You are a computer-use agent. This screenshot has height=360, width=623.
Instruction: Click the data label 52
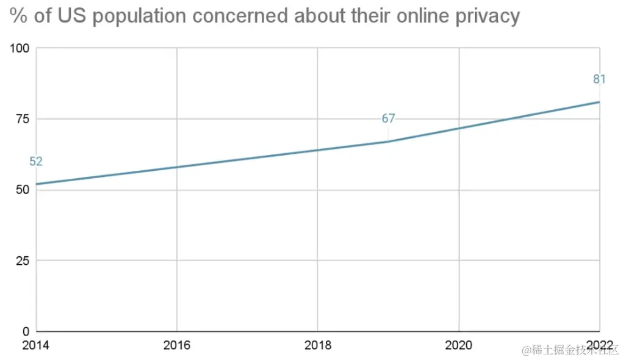(x=36, y=162)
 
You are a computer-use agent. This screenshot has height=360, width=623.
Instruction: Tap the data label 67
(x=389, y=118)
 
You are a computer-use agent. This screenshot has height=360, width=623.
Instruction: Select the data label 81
(x=599, y=79)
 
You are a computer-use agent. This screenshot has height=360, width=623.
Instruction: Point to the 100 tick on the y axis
(x=20, y=48)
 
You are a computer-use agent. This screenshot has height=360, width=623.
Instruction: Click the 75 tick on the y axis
(x=23, y=119)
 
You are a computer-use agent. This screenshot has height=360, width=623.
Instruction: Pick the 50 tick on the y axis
(x=23, y=190)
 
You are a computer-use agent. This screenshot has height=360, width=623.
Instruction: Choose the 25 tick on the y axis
(x=23, y=261)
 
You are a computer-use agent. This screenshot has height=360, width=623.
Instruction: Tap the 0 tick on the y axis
(x=26, y=331)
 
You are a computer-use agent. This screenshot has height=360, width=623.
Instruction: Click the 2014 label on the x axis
(x=36, y=345)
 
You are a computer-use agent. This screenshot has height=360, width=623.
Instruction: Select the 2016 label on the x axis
(x=177, y=345)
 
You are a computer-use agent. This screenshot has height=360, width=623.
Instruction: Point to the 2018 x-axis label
(x=317, y=345)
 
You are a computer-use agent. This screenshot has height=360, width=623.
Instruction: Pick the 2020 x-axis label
(x=458, y=345)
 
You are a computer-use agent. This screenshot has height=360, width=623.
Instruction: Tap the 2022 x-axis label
(x=599, y=345)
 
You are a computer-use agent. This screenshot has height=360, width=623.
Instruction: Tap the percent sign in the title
(x=19, y=16)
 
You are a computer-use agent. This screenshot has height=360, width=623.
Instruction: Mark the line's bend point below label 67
(x=388, y=142)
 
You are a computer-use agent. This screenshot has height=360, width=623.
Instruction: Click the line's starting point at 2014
(x=37, y=184)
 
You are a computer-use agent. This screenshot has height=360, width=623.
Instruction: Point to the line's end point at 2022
(x=599, y=102)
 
